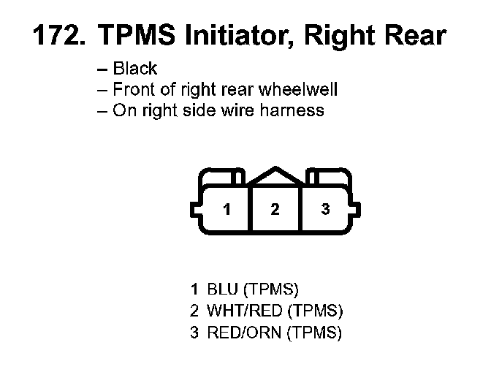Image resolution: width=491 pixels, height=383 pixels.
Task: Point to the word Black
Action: tap(135, 69)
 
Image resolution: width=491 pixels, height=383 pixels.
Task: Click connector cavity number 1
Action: tap(227, 210)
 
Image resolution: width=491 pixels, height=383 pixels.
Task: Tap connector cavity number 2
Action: tap(275, 210)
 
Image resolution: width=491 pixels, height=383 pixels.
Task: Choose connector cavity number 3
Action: tap(325, 210)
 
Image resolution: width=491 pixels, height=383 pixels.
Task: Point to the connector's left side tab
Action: tap(195, 209)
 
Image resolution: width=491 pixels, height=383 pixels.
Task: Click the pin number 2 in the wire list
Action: tap(194, 311)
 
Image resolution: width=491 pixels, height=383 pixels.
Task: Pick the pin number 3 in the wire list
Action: tap(194, 333)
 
